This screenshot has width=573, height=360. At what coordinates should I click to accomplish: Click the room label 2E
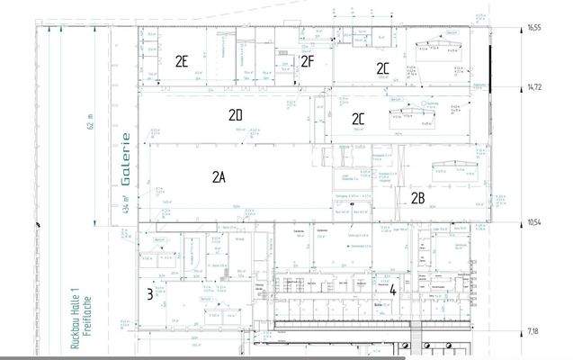pos(182,61)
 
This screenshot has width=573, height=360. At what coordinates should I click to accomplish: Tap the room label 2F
pos(307,61)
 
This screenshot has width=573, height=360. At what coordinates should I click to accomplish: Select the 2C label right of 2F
pos(382,68)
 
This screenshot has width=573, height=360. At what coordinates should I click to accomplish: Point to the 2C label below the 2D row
pos(359,118)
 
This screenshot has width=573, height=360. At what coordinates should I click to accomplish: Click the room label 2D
pos(236,115)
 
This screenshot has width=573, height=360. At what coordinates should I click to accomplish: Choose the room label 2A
pos(218,177)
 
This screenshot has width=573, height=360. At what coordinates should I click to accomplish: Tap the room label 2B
pos(418,197)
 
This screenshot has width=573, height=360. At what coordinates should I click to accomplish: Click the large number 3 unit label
pos(149,293)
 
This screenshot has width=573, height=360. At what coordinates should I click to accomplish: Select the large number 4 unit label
pos(393,290)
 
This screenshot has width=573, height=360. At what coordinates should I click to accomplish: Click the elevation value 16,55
pos(534,28)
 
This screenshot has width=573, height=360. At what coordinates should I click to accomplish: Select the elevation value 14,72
pos(534,86)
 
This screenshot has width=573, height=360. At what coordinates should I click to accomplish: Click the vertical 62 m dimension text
pos(90,121)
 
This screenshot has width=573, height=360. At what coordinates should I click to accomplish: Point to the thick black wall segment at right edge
pos(490,67)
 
